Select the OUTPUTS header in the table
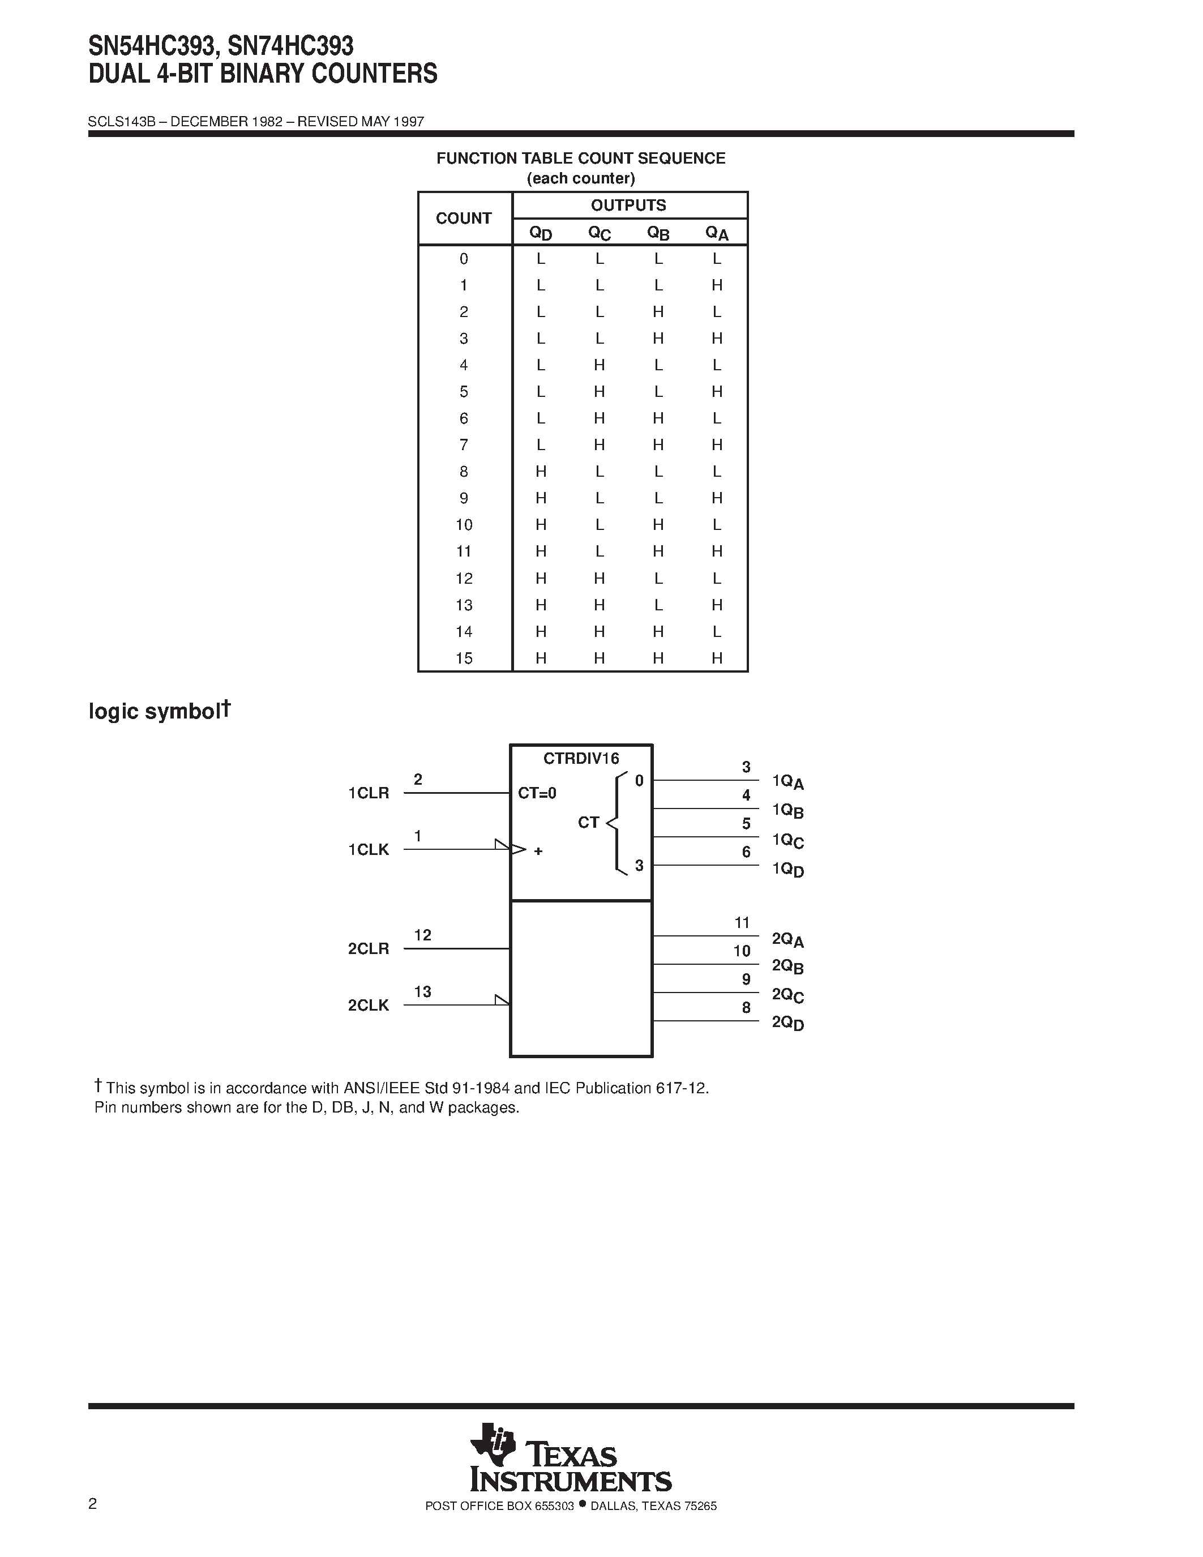pos(628,206)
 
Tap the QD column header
pos(540,233)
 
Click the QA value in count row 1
pos(717,285)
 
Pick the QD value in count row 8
pos(541,471)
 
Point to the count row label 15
pos(464,658)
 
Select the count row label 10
pos(464,525)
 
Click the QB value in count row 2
pos(658,311)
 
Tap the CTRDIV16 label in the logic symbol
pos(581,759)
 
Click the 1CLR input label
pos(369,793)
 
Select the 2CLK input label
pos(369,1005)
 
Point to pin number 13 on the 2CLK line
pos(423,991)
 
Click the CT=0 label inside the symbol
pos(537,793)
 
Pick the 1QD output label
pos(787,869)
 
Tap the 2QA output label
pos(787,940)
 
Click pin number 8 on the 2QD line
pos(746,1007)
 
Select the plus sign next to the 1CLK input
pos(538,850)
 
